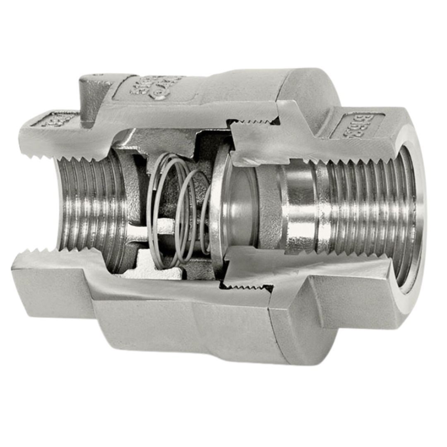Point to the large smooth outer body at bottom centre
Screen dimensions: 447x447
[x=186, y=327]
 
